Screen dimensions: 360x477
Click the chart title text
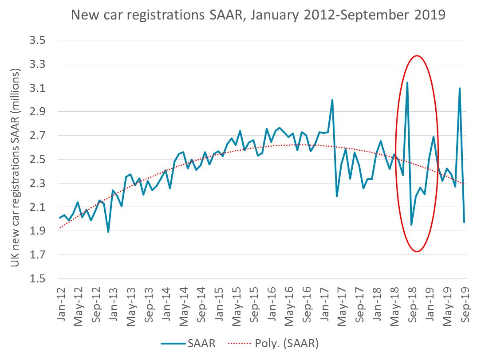coord(258,16)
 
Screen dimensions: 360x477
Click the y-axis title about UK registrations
coord(16,168)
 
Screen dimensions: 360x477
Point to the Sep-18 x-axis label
coord(412,306)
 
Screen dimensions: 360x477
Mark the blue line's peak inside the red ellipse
coord(407,82)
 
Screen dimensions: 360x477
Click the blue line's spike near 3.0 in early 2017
coord(332,100)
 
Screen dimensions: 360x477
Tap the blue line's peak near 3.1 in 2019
coord(460,88)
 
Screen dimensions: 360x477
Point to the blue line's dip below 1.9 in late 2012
coord(108,231)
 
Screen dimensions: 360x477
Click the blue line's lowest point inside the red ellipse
coord(411,225)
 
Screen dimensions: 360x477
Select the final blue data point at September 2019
coord(464,222)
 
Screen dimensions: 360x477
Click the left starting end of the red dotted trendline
coord(59,228)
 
